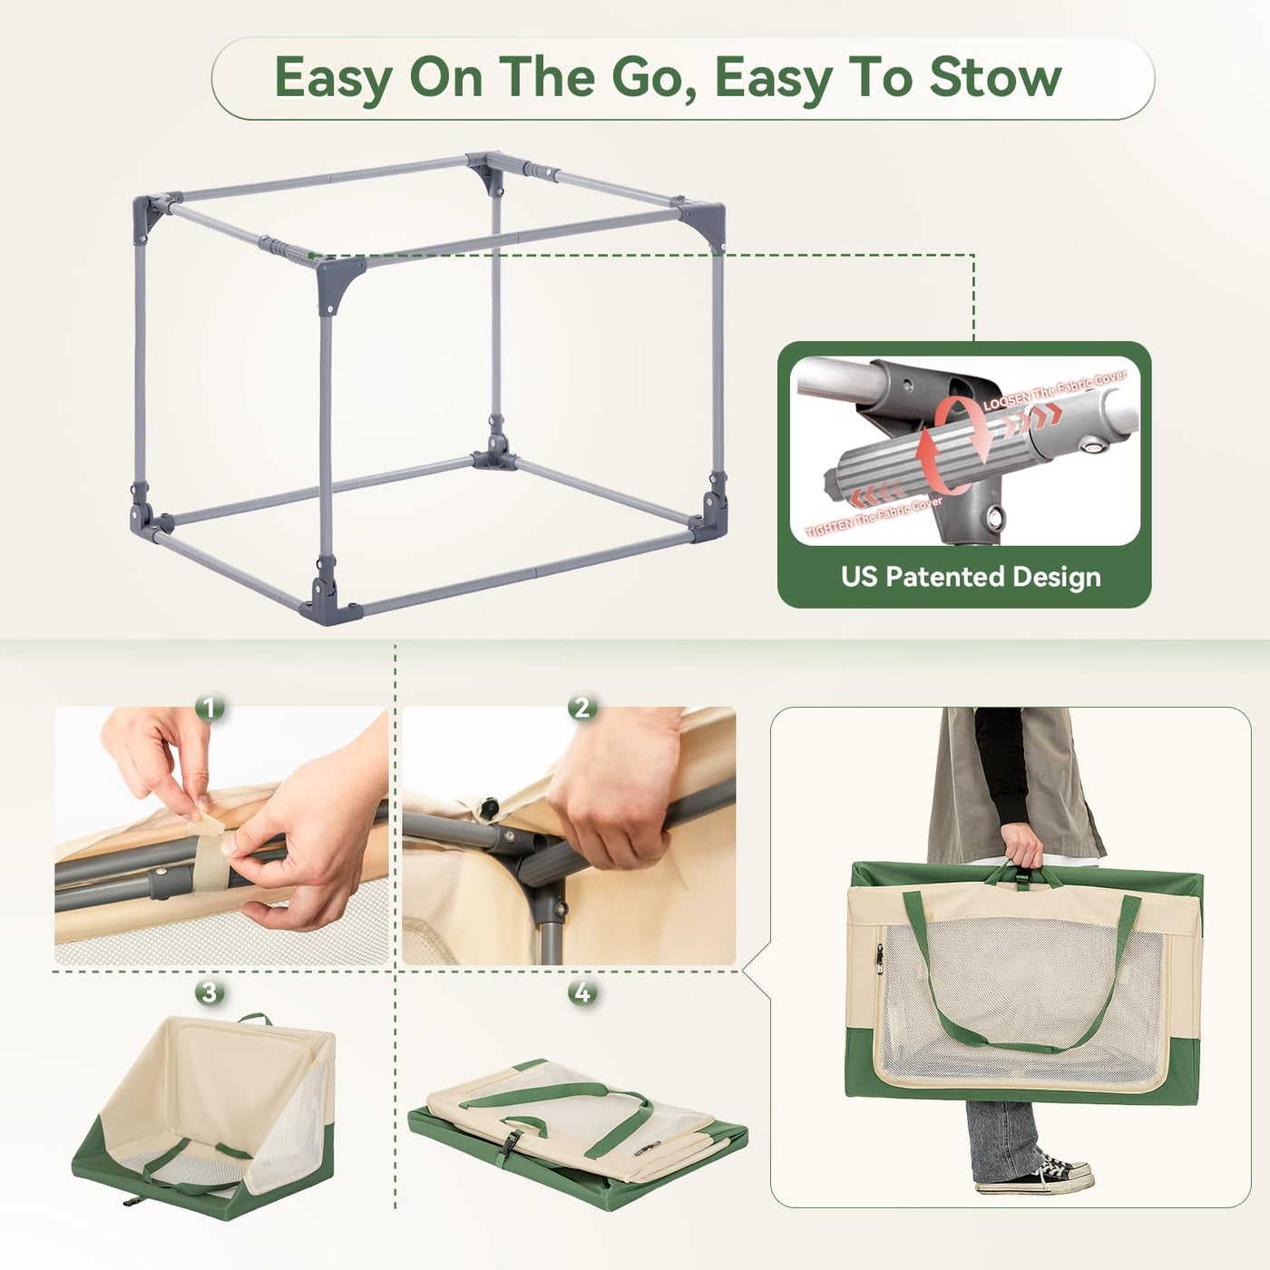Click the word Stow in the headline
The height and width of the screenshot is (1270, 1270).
coord(995,78)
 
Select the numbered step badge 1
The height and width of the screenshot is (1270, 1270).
coord(210,708)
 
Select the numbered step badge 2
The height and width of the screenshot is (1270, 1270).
coord(582,708)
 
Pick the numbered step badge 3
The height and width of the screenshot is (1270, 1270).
coord(210,993)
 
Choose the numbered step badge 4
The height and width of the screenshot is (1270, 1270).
coord(582,993)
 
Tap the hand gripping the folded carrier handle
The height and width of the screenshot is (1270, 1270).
coord(1022,845)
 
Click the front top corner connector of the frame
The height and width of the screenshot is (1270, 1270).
coord(339,283)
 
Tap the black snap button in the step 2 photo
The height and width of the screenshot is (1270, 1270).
coord(490,806)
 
